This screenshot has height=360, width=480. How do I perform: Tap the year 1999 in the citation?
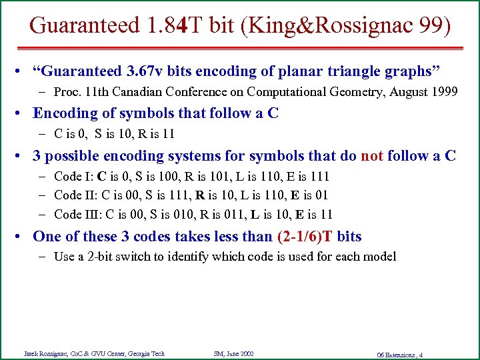coord(445,91)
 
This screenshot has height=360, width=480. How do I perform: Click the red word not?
coord(371,156)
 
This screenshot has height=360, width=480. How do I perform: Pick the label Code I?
coord(73,177)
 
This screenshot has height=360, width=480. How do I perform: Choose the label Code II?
coord(75,195)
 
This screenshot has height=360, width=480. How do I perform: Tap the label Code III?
coord(78,214)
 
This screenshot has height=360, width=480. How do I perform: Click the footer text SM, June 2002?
coord(233,353)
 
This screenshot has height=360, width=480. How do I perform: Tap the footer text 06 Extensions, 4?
coord(399,354)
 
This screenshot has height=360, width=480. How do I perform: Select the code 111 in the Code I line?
coord(320,177)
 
